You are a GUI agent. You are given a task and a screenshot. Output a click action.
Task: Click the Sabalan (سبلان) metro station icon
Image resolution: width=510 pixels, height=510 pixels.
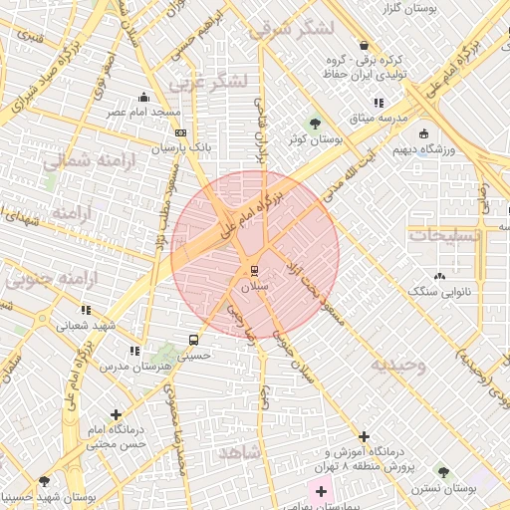[x=255, y=270]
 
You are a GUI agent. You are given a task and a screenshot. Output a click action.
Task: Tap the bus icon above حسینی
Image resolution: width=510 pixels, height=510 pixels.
[x=194, y=339]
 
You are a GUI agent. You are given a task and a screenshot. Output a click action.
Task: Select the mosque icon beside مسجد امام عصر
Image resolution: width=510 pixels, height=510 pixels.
[x=145, y=98]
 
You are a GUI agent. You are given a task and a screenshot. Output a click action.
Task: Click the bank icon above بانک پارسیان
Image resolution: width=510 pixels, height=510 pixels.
[x=180, y=132]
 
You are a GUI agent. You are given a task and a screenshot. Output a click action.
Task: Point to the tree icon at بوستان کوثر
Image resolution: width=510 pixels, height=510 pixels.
[x=316, y=125]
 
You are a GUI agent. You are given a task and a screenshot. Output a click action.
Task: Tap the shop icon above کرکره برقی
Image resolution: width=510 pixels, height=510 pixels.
[x=364, y=46]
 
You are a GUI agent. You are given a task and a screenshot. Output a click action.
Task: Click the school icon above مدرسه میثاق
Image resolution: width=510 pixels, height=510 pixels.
[x=378, y=103]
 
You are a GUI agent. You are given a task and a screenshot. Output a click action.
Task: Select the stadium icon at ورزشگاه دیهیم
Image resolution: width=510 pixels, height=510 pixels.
[x=424, y=134]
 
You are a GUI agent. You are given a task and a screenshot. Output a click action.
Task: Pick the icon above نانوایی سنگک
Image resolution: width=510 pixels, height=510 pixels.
[x=439, y=276]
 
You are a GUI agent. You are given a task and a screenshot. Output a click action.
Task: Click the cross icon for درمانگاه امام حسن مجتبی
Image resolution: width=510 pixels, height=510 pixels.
[x=117, y=413]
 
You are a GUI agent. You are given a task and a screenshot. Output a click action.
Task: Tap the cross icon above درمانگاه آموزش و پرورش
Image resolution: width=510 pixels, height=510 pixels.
[x=364, y=437]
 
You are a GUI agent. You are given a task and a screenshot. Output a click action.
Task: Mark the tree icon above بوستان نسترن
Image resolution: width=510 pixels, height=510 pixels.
[x=443, y=471]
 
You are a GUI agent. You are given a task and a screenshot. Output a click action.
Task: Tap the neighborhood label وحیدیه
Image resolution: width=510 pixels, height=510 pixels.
[x=398, y=366]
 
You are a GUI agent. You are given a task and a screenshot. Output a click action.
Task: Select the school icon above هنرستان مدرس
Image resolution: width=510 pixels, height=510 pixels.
[x=134, y=351]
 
